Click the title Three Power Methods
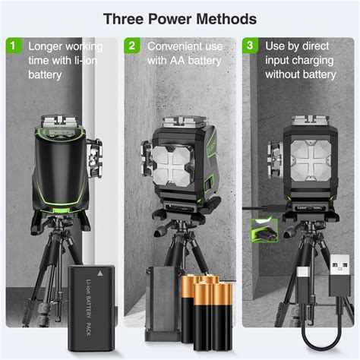coord(180,17)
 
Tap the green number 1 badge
coord(12,46)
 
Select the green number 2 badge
coord(131,46)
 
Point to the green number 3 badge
coord(250,46)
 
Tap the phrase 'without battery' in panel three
coord(300,74)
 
